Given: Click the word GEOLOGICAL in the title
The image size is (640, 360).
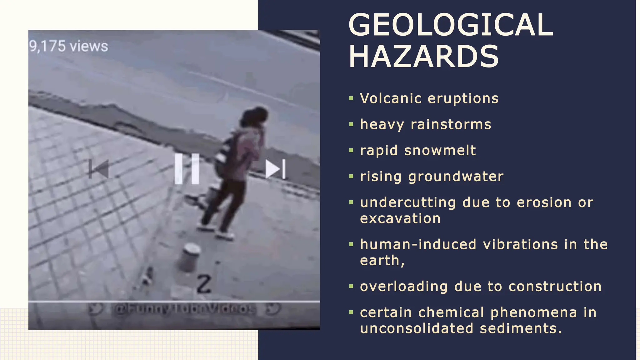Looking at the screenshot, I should (450, 25).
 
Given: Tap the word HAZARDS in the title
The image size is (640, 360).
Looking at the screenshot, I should (423, 57).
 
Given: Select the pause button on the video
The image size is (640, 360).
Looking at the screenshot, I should (187, 169).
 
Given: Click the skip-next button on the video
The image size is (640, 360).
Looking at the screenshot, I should (275, 169).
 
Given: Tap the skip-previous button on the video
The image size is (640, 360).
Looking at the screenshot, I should (99, 169).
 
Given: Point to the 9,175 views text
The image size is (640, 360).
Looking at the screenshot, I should (69, 47).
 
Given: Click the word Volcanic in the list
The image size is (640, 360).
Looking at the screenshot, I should (391, 98).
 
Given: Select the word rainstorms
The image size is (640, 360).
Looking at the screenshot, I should (451, 124).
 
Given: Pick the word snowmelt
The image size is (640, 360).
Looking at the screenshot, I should (440, 150).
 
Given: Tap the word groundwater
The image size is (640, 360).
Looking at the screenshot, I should (456, 177).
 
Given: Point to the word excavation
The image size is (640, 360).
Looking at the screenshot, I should (400, 218).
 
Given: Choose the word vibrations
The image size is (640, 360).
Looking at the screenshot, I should (520, 244).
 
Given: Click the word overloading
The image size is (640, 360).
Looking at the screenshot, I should (404, 287).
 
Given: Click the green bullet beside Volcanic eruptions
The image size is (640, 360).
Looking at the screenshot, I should (351, 99).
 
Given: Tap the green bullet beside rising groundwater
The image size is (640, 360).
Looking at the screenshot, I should (351, 177).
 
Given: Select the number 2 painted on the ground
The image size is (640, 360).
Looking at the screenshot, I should (204, 284).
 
